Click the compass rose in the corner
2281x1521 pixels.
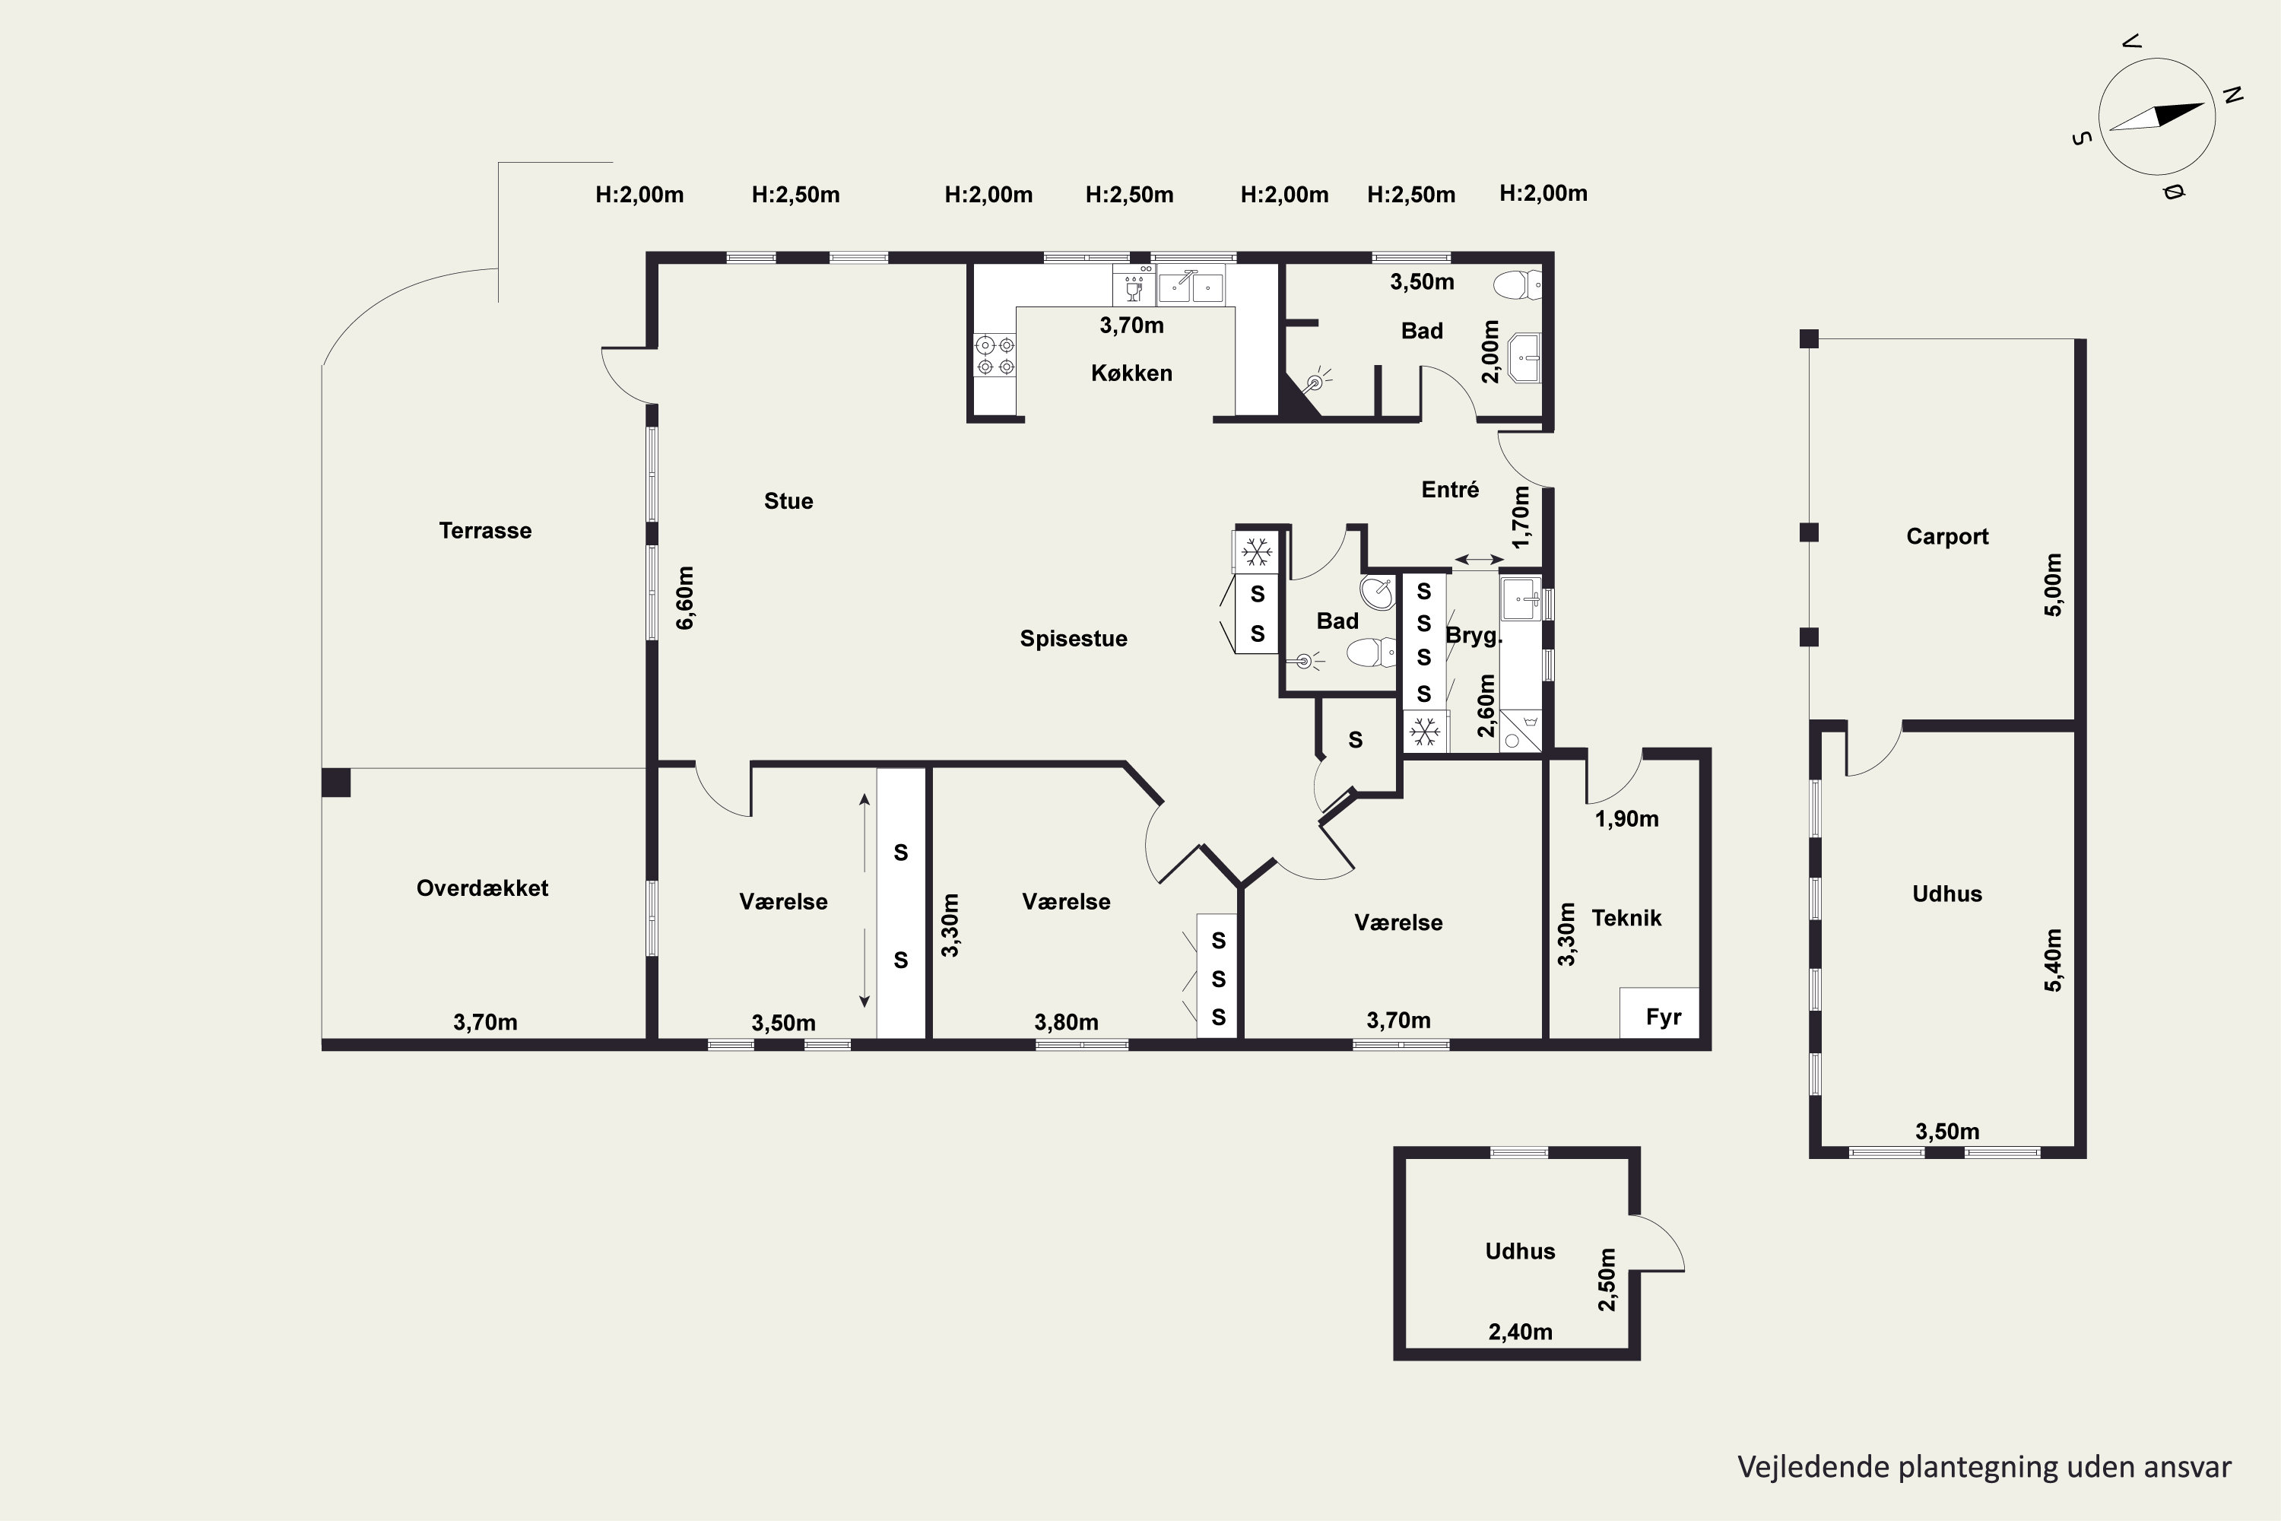pos(2157,116)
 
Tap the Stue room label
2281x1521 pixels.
pos(788,500)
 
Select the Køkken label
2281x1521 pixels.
pos(1132,373)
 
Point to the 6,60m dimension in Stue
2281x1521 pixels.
pos(685,598)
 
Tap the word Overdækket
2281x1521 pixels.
pos(482,888)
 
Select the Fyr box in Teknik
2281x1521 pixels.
pos(1659,1013)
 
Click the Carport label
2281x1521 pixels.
pos(1947,536)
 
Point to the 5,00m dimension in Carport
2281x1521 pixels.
pos(2053,585)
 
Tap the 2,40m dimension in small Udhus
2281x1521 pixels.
pos(1521,1332)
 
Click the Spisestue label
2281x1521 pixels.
pos(1074,638)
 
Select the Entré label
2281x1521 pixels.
pos(1450,490)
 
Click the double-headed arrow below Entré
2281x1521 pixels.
pos(1478,560)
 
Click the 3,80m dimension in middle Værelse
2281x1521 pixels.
pos(1066,1022)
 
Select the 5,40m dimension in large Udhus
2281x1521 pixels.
pos(2053,961)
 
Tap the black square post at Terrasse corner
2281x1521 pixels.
pos(335,783)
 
